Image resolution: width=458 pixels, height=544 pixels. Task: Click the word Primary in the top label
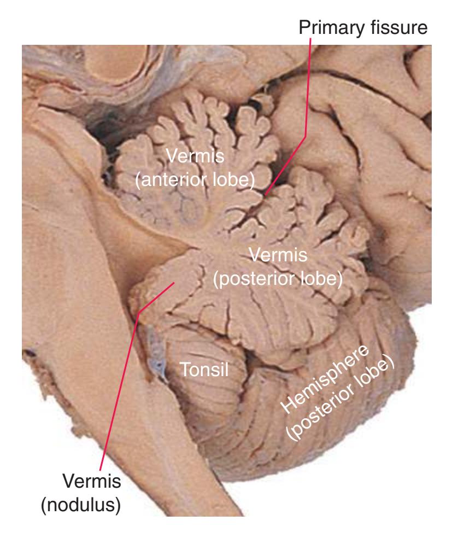pos(332,28)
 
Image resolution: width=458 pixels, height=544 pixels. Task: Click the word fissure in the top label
pos(400,27)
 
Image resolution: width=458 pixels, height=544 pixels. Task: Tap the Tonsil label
pos(204,369)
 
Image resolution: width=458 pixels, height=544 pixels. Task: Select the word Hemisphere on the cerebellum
pos(325,379)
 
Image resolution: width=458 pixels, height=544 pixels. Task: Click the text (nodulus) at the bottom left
pos(81,505)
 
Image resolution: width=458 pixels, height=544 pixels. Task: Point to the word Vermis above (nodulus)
pos(92,481)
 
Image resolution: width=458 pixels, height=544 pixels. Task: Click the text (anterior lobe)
pos(195,180)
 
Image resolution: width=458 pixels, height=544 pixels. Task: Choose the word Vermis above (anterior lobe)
pos(195,156)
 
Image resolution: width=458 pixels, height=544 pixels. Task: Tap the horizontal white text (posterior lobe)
pos(278,279)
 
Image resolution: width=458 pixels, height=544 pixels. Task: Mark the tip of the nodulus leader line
pos(174,283)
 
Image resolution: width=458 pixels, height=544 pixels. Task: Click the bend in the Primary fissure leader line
pos(305,136)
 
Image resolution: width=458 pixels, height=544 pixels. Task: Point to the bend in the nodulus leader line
pos(138,313)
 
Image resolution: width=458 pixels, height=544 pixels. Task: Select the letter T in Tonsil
pos(185,369)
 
